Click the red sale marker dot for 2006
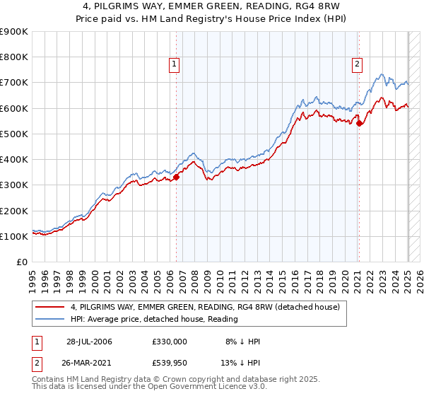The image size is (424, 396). tap(176, 177)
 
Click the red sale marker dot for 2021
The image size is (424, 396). tap(359, 124)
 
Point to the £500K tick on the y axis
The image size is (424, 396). tap(14, 134)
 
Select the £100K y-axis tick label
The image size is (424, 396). tap(14, 236)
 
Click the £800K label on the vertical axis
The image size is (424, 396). tap(14, 57)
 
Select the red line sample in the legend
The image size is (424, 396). tap(51, 307)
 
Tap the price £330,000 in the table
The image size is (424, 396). tap(170, 342)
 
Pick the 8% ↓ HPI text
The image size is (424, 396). tap(242, 342)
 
